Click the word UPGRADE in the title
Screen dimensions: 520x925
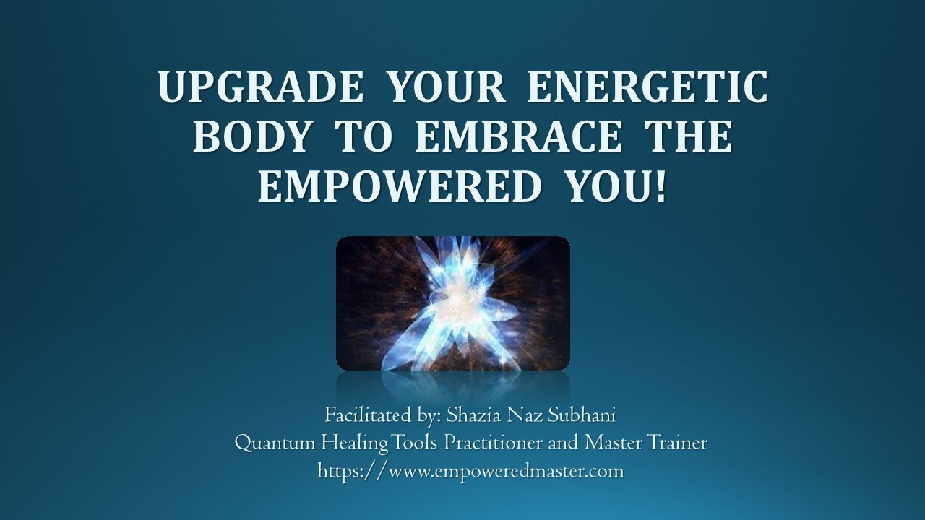click(x=261, y=88)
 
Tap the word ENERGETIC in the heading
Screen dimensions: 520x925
click(x=647, y=88)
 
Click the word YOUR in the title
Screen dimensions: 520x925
click(x=445, y=88)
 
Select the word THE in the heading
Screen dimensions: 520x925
click(x=687, y=137)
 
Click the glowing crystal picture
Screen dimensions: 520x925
click(x=453, y=303)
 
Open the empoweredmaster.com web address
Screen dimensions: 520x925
click(x=470, y=472)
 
